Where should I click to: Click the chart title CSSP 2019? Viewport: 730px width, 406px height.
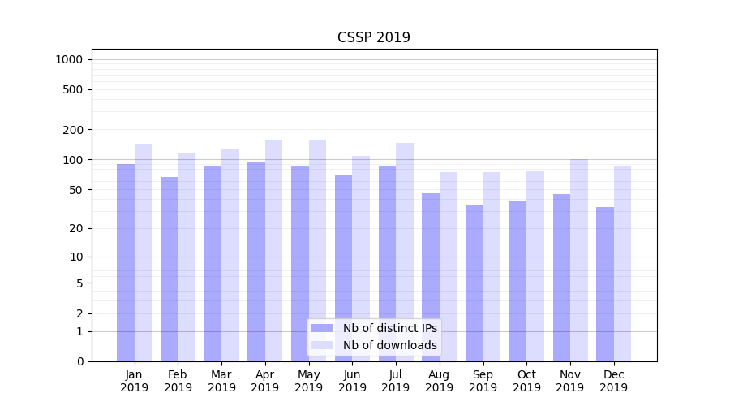(x=374, y=38)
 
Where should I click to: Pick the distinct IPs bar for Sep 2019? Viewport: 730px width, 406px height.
(x=474, y=283)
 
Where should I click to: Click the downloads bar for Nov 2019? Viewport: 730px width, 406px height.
(x=578, y=260)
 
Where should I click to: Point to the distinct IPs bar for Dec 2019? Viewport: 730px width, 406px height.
(x=605, y=284)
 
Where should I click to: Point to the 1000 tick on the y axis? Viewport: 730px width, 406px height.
(x=69, y=59)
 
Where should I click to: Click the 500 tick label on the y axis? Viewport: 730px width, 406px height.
(x=74, y=89)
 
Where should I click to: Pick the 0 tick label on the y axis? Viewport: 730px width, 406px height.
(x=79, y=361)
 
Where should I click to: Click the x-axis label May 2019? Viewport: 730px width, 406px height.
(x=309, y=381)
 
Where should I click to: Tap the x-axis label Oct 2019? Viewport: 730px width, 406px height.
(x=526, y=381)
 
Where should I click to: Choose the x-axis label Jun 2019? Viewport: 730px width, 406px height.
(x=352, y=381)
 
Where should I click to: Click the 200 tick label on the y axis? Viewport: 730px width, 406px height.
(x=74, y=130)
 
